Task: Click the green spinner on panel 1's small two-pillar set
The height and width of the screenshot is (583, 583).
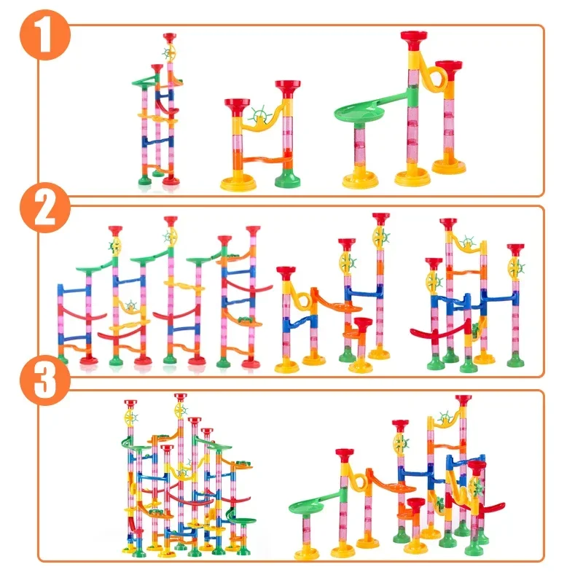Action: click(x=257, y=115)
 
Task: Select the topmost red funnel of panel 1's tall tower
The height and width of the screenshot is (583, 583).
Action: click(x=170, y=36)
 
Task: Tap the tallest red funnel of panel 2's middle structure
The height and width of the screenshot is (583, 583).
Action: click(x=380, y=219)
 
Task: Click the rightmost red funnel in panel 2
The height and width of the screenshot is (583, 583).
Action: click(x=515, y=250)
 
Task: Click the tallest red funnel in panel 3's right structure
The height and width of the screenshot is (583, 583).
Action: click(x=463, y=401)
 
